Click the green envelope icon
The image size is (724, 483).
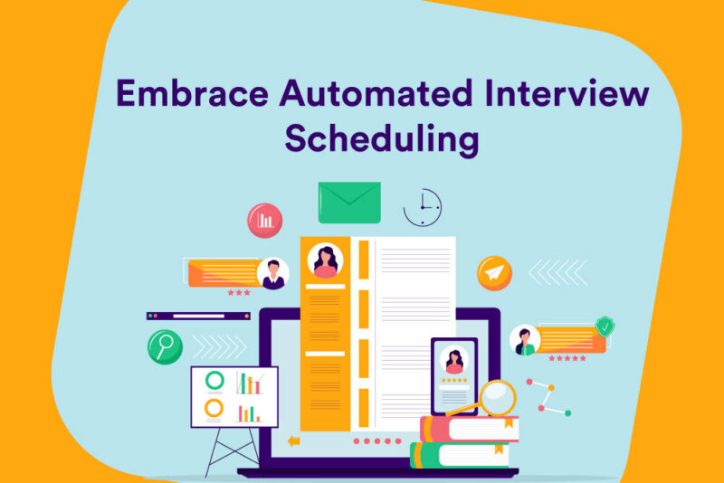pos(348,202)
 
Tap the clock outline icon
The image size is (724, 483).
pos(422,207)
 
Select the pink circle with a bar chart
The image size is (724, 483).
pos(265,220)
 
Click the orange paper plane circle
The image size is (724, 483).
pos(494,272)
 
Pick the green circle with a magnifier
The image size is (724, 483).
pos(165,346)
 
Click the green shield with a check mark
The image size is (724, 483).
pos(604,325)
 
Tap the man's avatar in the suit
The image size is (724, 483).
pos(272,273)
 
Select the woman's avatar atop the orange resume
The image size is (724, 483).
pos(325,260)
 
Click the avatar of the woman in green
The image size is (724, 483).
pos(525,340)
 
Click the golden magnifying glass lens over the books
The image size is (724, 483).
pos(496,396)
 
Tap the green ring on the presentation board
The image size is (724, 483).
pos(214,381)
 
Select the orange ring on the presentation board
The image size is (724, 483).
pos(214,409)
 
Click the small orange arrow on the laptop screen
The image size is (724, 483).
pos(293,441)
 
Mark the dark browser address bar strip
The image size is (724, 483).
pos(198,317)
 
